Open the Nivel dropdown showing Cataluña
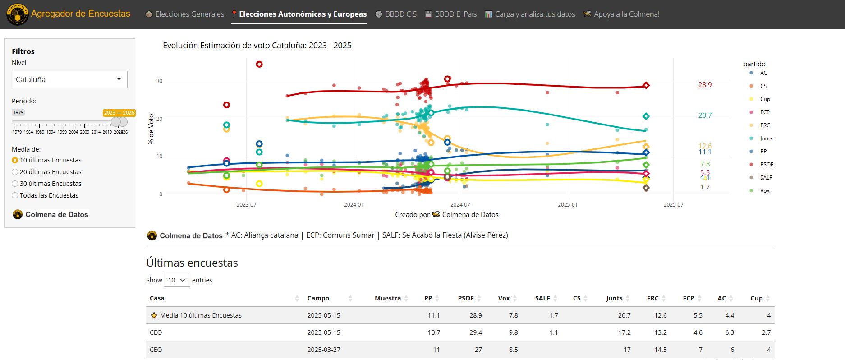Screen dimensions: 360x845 69,79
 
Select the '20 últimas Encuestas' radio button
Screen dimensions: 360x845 15,172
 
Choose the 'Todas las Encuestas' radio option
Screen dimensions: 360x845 15,195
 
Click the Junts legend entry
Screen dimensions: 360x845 766,138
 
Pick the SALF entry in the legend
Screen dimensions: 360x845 766,178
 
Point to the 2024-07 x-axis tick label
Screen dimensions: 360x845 460,205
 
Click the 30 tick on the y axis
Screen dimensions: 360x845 159,81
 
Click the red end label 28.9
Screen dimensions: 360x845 705,85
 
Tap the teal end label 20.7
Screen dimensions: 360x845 705,115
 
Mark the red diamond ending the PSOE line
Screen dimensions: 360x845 646,85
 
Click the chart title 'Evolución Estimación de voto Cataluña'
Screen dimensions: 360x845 257,46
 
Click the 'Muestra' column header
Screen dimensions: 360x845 387,298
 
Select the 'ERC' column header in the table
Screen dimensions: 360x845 652,298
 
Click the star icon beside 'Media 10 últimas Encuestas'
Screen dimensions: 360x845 154,315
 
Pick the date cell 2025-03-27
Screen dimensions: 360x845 323,350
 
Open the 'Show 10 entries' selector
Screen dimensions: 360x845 177,280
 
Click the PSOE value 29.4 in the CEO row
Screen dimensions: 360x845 475,332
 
